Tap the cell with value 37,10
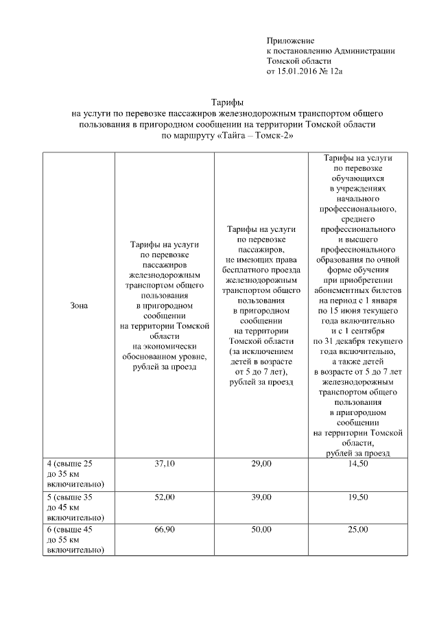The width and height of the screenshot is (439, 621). click(165, 465)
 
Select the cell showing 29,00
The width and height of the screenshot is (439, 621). click(261, 465)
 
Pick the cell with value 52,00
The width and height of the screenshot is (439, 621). click(165, 497)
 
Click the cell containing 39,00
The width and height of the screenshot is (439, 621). click(261, 497)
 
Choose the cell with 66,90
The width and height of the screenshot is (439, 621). click(165, 530)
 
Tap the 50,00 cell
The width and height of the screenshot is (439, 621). click(261, 530)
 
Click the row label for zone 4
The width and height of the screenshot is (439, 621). click(74, 474)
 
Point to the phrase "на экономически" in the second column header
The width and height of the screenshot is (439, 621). click(165, 347)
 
